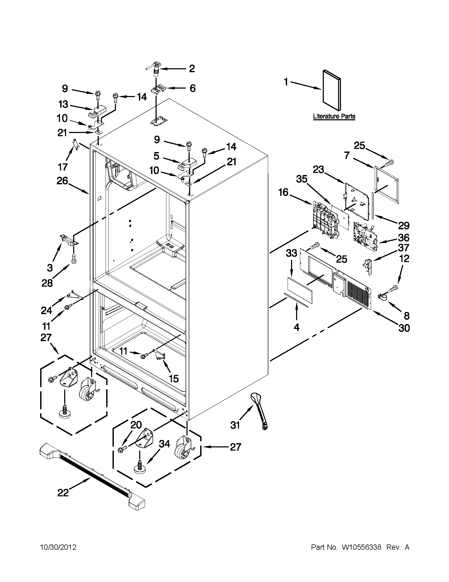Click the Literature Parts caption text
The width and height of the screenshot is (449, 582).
click(334, 116)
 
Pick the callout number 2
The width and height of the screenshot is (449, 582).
click(192, 69)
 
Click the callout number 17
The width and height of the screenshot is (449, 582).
click(63, 167)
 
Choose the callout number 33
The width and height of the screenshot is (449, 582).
click(291, 253)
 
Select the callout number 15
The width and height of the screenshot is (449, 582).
click(174, 378)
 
